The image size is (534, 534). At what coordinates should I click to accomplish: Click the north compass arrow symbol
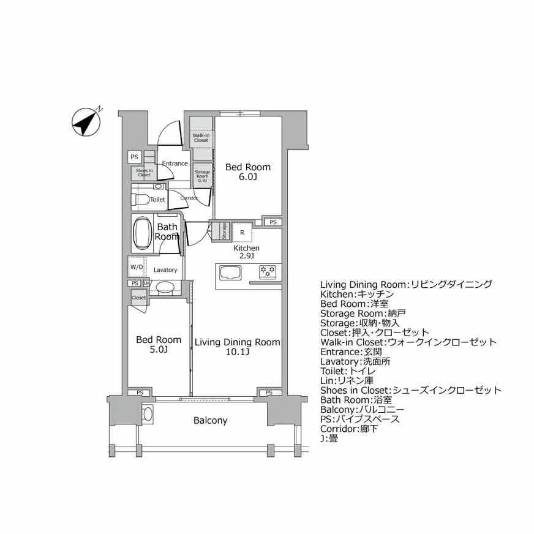(x=86, y=122)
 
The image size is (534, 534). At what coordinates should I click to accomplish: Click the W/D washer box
(x=137, y=268)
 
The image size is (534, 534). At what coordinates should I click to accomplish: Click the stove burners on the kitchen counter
(x=267, y=270)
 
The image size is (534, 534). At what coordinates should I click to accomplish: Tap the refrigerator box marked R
(x=243, y=232)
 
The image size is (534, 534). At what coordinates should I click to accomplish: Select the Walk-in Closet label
(x=201, y=138)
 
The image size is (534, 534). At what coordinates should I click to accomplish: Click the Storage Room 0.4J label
(x=202, y=175)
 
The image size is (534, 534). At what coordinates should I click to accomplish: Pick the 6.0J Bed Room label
(x=247, y=171)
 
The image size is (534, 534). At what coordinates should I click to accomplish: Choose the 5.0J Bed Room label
(x=159, y=344)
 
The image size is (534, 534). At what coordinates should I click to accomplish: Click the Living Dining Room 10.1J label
(x=237, y=347)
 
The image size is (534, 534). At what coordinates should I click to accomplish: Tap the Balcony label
(x=210, y=421)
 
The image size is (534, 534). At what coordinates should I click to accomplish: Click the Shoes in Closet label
(x=144, y=173)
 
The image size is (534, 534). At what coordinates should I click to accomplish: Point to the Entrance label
(x=175, y=164)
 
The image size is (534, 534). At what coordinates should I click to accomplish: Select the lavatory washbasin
(x=165, y=287)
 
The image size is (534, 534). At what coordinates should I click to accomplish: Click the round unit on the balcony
(x=148, y=414)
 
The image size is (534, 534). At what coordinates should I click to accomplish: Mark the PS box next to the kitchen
(x=273, y=222)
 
